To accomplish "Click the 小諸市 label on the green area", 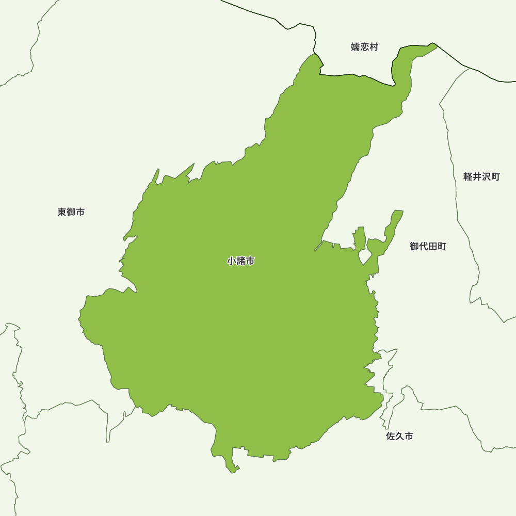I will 241,261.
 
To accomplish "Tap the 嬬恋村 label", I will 364,47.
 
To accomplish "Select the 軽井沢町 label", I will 481,176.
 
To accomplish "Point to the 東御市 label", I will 71,212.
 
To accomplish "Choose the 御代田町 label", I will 428,246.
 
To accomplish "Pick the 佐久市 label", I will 400,437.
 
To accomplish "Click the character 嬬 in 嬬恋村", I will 356,47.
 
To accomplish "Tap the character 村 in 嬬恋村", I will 374,47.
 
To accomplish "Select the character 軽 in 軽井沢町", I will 468,176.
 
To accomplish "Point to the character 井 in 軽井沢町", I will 477,176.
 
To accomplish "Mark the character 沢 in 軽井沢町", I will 486,176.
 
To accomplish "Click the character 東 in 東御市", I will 62,212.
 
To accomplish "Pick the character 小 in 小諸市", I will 232,261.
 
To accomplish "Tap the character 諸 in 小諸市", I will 241,261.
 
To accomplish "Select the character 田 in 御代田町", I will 432,246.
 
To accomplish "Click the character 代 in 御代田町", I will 423,246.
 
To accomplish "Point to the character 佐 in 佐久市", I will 391,437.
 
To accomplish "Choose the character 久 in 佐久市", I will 400,437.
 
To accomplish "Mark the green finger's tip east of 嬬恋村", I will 436,45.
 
